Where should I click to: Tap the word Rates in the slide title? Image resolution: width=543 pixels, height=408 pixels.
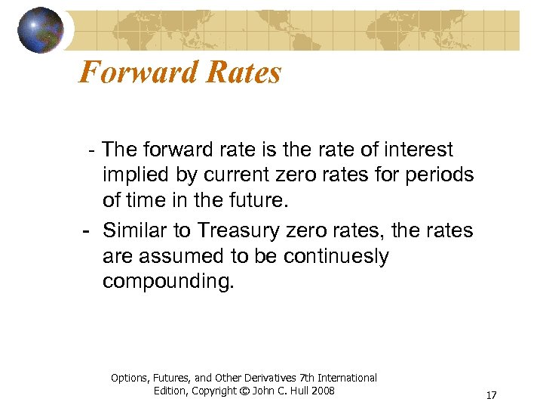tap(246, 73)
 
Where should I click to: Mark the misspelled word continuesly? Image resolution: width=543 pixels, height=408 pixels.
tap(336, 255)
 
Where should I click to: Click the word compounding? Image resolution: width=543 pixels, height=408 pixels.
tap(168, 282)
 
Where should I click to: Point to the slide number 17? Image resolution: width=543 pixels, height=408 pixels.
tap(491, 395)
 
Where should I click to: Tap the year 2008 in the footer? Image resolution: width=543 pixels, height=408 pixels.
tap(321, 391)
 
